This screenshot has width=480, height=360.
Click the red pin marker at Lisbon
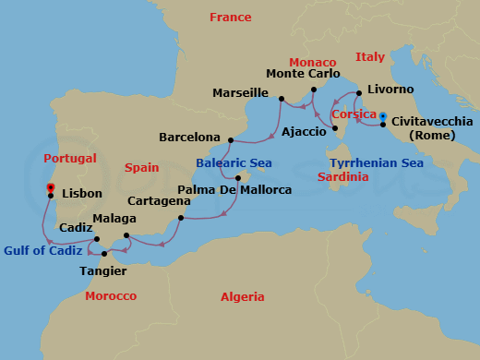point(49,187)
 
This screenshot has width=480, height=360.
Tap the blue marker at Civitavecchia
point(383,116)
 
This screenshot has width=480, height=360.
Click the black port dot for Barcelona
point(230,140)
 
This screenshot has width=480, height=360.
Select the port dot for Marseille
point(281,97)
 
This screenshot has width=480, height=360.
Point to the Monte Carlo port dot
point(314,90)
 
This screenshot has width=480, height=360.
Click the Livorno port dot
point(358,93)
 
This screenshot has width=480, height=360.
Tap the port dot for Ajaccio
point(335,127)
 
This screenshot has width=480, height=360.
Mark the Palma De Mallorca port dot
point(237,177)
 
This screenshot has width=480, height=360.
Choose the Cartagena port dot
point(181,219)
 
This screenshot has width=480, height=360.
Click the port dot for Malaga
point(126,235)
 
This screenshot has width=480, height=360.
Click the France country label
point(230,18)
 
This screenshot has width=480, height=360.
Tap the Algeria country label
point(242,296)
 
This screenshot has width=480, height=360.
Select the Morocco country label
point(110,296)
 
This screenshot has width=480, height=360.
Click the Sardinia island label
point(342,176)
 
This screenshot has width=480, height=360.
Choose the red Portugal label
point(69,159)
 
